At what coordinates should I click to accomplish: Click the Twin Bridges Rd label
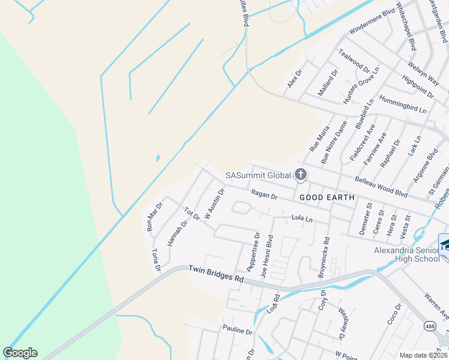(216, 275)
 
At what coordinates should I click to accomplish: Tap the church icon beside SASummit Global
(301, 175)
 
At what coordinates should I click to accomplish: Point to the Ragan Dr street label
(264, 195)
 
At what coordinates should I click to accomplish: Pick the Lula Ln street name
(302, 219)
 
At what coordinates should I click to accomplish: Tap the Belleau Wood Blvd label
(381, 187)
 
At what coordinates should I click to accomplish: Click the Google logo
(20, 353)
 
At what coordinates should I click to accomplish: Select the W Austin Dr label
(214, 204)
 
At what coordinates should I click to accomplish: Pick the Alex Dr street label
(294, 79)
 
